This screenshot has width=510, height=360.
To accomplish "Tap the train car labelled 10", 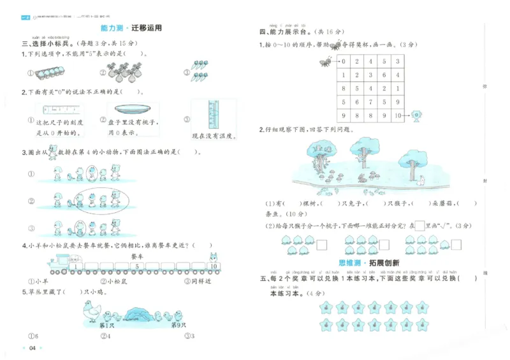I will click(213, 266).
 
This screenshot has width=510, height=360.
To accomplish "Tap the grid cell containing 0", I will click(343, 62).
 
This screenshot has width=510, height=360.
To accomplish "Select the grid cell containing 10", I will click(398, 115).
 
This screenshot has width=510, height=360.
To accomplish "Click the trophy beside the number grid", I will click(416, 116).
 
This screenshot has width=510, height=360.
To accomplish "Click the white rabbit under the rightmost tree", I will click(421, 182).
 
